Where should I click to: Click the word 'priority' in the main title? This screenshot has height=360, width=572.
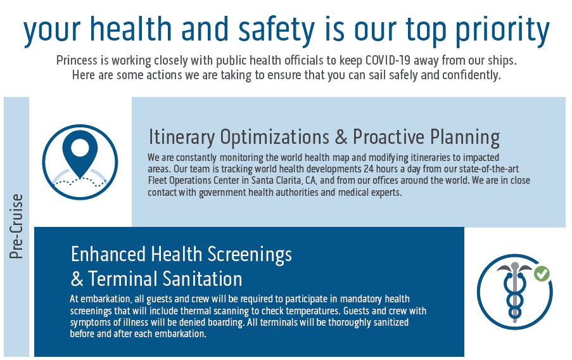coord(502,30)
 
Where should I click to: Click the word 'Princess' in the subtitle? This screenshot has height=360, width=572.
coord(77,60)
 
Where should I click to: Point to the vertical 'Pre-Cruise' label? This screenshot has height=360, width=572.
coord(16,226)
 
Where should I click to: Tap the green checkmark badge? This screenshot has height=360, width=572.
coord(542,274)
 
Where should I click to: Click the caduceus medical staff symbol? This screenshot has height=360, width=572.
coord(514,292)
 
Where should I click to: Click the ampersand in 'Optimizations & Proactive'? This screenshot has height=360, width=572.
coord(341,138)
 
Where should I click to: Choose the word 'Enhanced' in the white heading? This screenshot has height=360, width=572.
coord(108,254)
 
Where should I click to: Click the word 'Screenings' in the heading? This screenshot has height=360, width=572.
coord(250,255)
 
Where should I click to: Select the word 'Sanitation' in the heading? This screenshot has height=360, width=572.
coord(202,279)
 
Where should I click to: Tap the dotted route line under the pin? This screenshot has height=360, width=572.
coord(80,181)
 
